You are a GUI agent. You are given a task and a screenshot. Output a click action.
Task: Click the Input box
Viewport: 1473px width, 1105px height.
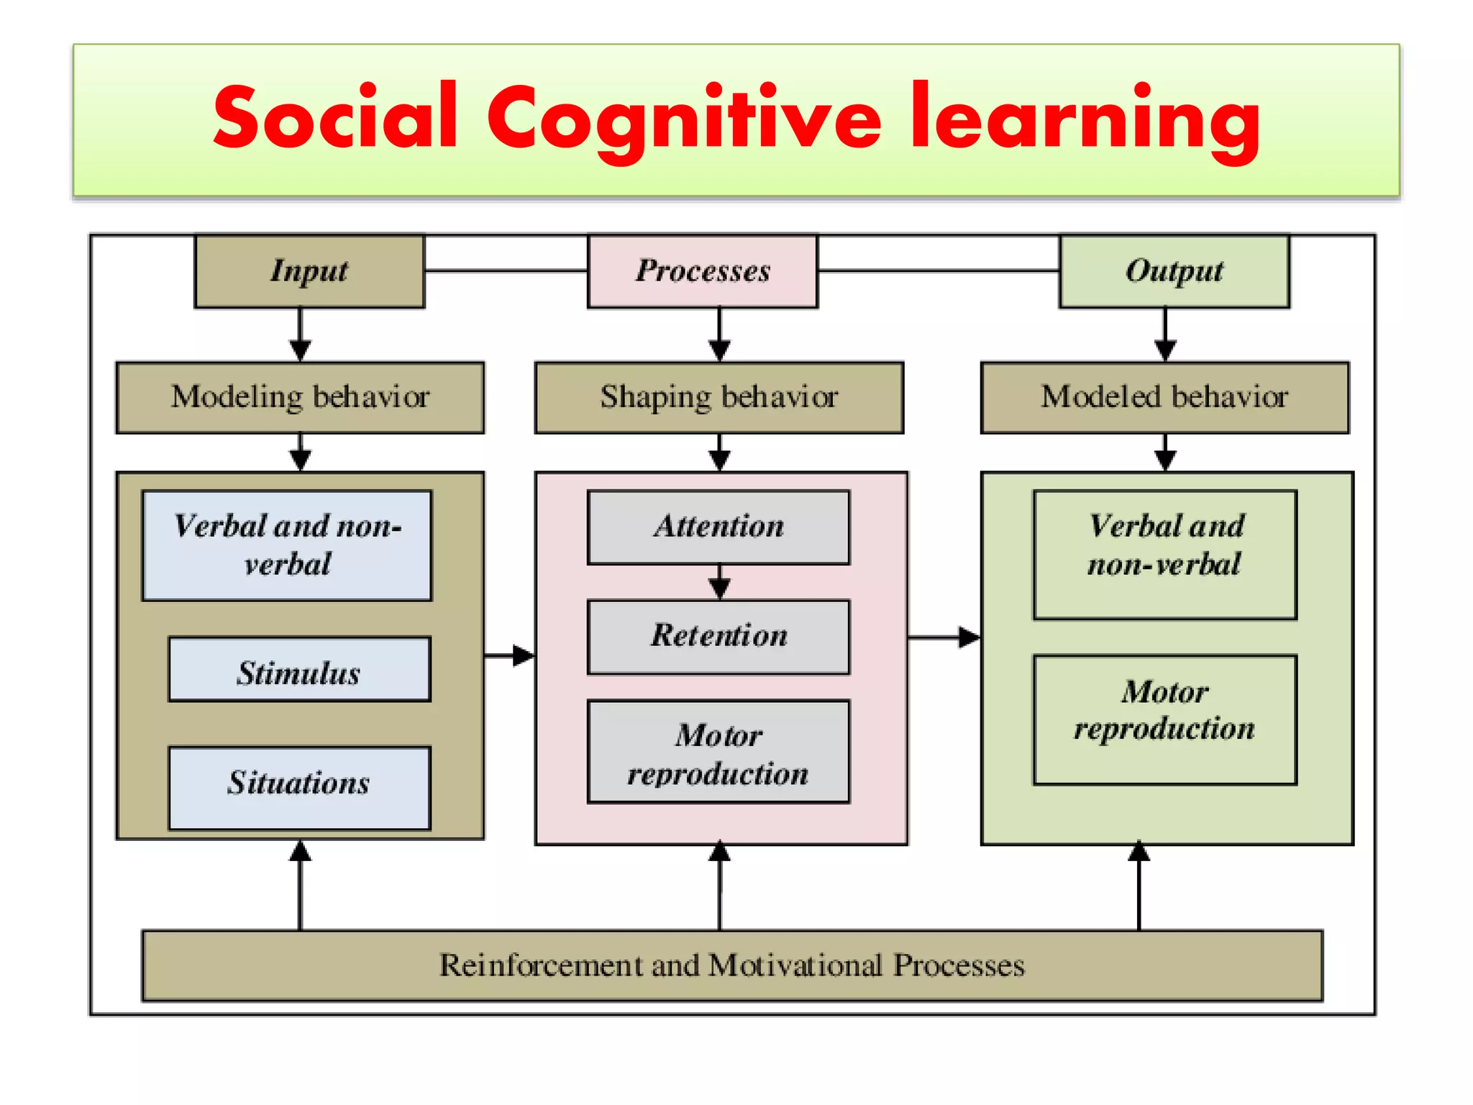click(309, 271)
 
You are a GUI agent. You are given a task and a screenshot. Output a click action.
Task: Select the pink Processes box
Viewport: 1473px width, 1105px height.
click(703, 271)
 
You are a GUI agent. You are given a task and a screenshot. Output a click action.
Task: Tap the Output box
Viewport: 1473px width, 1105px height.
click(1174, 271)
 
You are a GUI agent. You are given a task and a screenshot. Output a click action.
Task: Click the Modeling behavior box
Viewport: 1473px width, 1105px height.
click(300, 397)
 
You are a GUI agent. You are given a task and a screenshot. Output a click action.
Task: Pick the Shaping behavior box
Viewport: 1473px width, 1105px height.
click(719, 397)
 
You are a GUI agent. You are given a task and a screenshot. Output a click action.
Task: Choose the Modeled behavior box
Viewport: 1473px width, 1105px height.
click(1164, 397)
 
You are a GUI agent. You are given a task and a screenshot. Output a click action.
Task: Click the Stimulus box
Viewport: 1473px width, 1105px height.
click(299, 670)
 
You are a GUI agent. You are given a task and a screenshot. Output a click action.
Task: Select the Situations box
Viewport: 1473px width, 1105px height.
click(299, 787)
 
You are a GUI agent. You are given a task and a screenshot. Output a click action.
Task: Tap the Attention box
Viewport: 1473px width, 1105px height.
click(719, 527)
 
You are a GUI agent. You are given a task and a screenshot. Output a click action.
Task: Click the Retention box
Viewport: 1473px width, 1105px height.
click(719, 637)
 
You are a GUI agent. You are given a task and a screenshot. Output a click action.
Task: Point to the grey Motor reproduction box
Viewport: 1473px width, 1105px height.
click(719, 752)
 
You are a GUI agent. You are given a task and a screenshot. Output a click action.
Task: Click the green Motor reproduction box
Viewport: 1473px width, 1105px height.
click(1165, 719)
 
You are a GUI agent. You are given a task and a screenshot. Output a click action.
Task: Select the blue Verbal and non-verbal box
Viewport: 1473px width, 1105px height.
click(287, 545)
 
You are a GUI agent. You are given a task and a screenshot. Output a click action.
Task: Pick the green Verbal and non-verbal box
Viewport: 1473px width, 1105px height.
click(1165, 555)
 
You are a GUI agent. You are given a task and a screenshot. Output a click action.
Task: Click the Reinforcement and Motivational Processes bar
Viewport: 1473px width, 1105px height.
click(732, 965)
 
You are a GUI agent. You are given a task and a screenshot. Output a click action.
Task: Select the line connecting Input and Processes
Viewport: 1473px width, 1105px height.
click(506, 271)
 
